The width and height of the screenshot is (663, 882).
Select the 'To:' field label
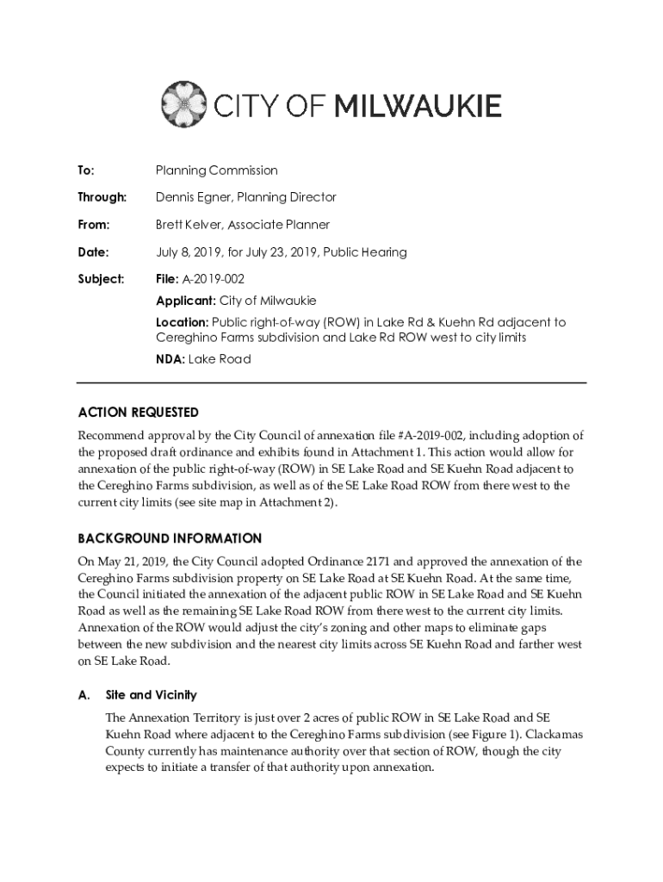[85, 170]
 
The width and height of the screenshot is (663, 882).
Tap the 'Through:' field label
[102, 197]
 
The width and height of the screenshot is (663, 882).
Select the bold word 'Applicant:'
[185, 301]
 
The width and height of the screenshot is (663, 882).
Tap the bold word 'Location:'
[182, 322]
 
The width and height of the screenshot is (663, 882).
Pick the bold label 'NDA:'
[170, 358]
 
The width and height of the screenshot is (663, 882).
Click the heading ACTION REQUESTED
[138, 413]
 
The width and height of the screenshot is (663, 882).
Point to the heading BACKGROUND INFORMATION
[170, 538]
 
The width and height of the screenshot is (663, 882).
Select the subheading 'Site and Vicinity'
[151, 694]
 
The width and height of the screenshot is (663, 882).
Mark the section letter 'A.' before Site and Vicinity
[84, 694]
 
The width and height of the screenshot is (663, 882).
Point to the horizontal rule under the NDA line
[331, 382]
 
